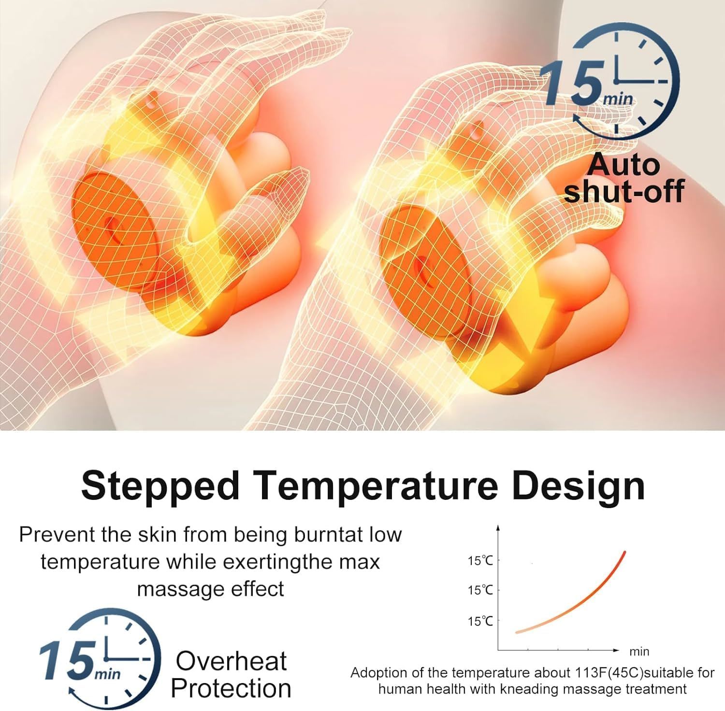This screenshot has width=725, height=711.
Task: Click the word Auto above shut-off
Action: [x=623, y=164]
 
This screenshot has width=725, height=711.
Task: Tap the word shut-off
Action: [x=624, y=191]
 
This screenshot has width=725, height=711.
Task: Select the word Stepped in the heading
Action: [x=160, y=486]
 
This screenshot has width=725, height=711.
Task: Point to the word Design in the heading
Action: [x=578, y=486]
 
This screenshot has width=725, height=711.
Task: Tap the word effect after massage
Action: [x=258, y=589]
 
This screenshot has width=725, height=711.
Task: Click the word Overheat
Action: [x=231, y=661]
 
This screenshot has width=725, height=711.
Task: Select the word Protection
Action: [x=231, y=688]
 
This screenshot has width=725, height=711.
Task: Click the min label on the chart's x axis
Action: [x=639, y=652]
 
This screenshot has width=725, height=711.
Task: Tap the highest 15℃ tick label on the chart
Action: [x=480, y=561]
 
